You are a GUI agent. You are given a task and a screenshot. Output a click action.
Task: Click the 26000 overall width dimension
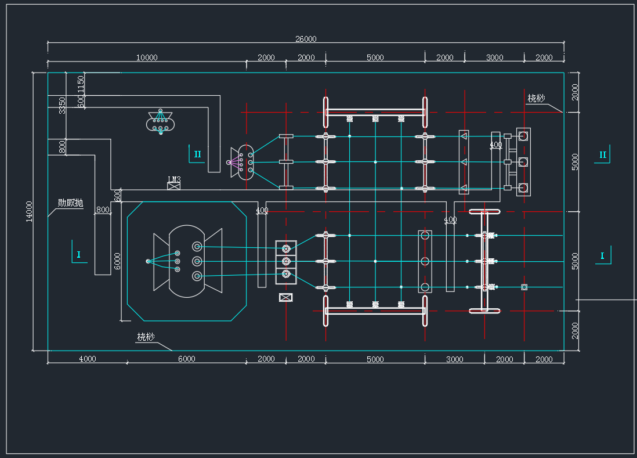tap(306, 39)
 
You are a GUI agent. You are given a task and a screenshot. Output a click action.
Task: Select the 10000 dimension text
tap(147, 57)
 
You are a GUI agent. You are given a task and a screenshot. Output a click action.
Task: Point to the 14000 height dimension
tap(30, 211)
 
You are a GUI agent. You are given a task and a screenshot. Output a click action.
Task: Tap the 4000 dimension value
tap(87, 359)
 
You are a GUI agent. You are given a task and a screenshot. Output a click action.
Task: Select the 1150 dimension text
tap(81, 82)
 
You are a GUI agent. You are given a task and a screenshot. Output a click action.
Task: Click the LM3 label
tap(174, 179)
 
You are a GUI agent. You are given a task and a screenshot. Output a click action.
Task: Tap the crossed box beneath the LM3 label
tap(174, 186)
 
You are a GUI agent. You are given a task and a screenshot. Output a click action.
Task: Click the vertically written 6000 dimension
tap(118, 261)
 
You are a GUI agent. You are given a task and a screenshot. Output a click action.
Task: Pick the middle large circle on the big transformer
tap(197, 261)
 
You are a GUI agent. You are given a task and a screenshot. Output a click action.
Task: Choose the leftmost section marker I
tap(78, 254)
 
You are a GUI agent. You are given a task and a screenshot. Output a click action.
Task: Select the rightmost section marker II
tap(603, 154)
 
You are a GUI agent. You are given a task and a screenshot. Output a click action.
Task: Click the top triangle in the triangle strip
tap(464, 136)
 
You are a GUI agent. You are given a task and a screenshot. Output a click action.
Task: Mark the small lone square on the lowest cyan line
tap(524, 287)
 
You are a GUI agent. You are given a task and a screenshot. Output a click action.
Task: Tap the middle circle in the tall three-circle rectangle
tap(425, 261)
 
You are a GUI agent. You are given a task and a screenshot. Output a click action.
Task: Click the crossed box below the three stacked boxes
tap(285, 297)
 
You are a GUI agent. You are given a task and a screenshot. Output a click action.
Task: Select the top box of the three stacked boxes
tap(285, 248)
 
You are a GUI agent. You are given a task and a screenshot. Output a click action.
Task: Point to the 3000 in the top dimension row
tap(494, 57)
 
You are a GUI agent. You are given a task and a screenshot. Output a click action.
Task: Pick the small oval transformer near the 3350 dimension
tap(161, 121)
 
